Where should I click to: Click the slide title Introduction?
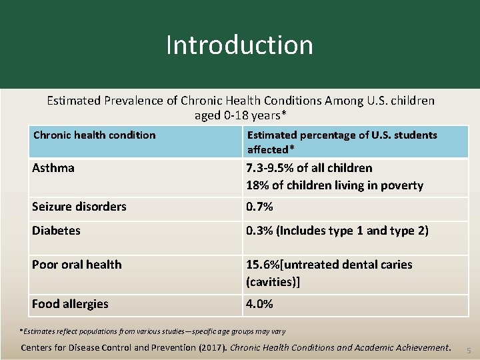coord(239,45)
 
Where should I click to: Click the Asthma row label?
coord(53,168)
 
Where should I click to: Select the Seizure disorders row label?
coord(79,207)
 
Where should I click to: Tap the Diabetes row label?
coord(56,231)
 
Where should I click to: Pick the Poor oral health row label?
coord(77,265)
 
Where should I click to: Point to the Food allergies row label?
coord(70,304)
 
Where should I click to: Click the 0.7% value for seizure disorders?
coord(259,207)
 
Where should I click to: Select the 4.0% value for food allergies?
coord(259,304)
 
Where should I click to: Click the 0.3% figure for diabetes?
coord(259,231)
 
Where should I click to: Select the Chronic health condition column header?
coord(94,135)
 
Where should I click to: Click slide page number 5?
coord(468,351)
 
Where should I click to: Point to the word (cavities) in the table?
coord(273,282)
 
